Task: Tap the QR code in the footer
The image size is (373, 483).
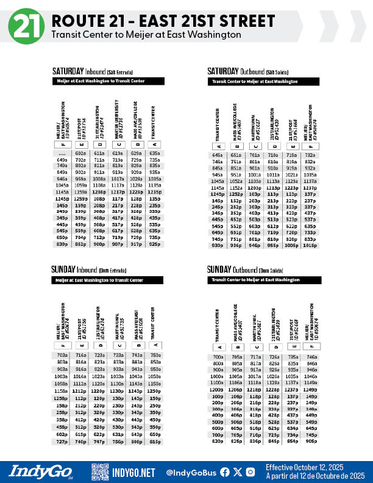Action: click(x=100, y=471)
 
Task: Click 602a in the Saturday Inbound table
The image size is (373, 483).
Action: click(x=80, y=153)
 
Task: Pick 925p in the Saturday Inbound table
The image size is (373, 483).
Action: click(x=155, y=244)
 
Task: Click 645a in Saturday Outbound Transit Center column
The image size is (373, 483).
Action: click(x=216, y=155)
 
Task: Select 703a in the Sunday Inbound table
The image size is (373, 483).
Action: click(x=62, y=355)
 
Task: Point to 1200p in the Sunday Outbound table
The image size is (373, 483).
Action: click(x=217, y=389)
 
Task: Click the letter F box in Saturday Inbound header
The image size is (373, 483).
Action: click(x=62, y=145)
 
